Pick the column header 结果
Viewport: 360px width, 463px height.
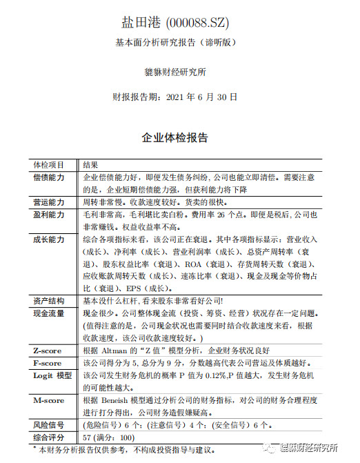90,166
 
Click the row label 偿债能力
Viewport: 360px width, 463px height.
48,177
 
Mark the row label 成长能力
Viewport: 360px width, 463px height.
48,239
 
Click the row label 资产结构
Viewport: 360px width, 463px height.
48,301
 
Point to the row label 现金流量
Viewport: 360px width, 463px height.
48,313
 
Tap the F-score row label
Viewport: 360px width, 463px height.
48,363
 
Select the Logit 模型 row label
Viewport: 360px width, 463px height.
52,375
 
